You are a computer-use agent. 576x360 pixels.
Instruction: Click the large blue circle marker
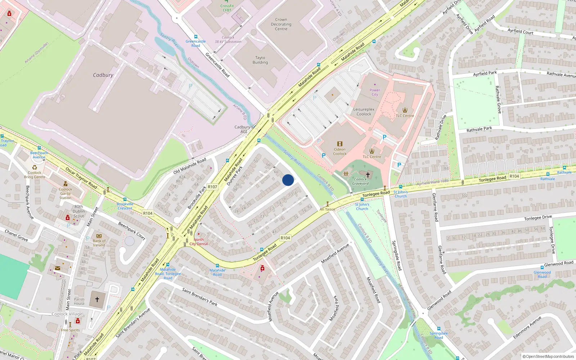click(288, 180)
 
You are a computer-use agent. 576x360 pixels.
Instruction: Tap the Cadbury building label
click(103, 75)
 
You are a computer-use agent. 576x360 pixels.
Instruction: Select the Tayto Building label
click(260, 60)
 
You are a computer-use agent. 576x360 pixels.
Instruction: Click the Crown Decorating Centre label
click(281, 24)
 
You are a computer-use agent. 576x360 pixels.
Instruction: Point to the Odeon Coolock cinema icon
click(339, 144)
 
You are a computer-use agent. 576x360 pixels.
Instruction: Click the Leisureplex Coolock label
click(364, 112)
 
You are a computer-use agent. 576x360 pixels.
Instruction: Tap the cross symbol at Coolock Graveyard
click(368, 175)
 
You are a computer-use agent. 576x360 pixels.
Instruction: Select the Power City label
click(375, 92)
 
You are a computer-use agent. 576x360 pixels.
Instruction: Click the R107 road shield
click(212, 187)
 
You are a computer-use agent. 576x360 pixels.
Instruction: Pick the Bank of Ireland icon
click(99, 236)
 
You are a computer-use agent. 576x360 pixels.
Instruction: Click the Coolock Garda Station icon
click(65, 184)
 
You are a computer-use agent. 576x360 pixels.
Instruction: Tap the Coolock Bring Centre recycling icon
click(35, 167)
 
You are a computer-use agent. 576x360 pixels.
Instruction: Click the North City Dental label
click(199, 242)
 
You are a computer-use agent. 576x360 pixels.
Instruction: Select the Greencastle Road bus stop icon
click(195, 37)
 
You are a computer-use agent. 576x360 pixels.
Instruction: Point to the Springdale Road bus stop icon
click(438, 329)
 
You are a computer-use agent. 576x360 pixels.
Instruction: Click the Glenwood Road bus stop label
click(542, 274)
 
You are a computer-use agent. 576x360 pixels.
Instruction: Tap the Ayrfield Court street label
click(520, 31)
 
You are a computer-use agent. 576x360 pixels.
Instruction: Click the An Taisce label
click(327, 209)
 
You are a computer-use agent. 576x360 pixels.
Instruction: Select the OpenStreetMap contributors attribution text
click(548, 356)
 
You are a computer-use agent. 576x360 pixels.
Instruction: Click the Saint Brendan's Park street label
click(199, 297)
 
